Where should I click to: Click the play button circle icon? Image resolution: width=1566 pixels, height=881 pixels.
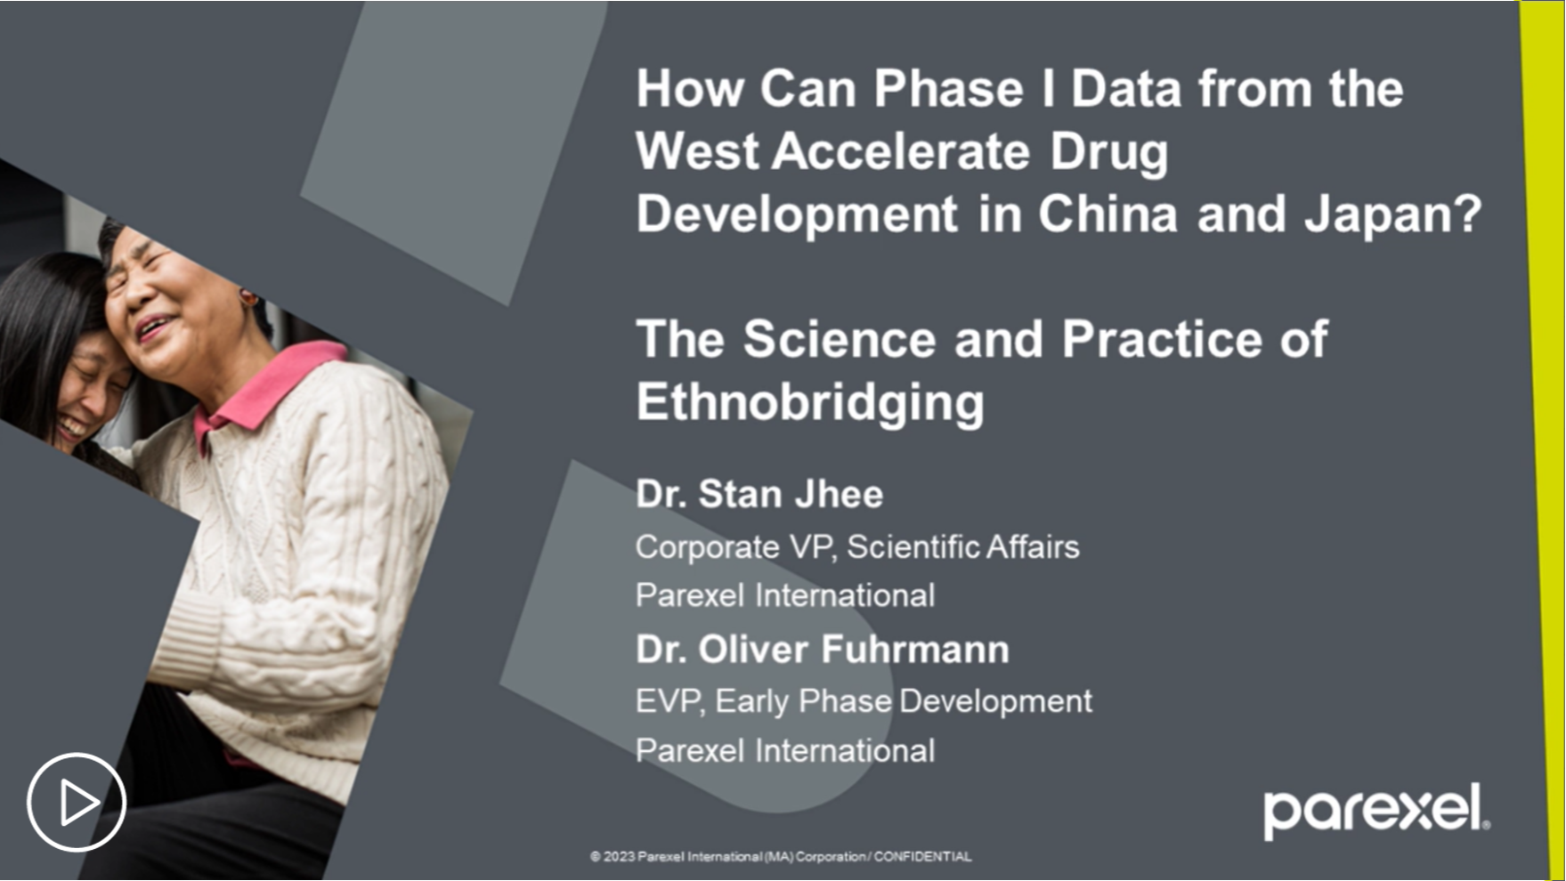(77, 803)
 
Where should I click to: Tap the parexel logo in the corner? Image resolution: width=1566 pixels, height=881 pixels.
(1376, 811)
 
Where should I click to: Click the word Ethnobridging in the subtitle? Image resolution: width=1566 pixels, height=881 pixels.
(810, 402)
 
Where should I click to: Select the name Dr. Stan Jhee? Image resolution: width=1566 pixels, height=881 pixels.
(759, 494)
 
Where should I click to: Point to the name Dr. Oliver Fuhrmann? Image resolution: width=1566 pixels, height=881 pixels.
(823, 650)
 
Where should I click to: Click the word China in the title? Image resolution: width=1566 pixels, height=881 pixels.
(1108, 214)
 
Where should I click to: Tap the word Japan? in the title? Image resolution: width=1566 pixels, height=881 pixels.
(1393, 215)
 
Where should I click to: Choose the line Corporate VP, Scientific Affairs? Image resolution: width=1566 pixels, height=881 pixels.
(857, 546)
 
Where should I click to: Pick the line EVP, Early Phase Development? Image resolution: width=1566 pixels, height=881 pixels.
(864, 701)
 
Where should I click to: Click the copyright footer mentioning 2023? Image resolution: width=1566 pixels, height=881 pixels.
(781, 856)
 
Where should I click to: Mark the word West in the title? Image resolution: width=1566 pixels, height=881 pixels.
(697, 151)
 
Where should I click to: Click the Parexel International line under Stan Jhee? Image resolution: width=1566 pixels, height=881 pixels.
(785, 595)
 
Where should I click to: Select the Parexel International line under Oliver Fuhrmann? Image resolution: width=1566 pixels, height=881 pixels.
(785, 750)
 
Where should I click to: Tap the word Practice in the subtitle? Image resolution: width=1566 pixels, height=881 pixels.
(1162, 339)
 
